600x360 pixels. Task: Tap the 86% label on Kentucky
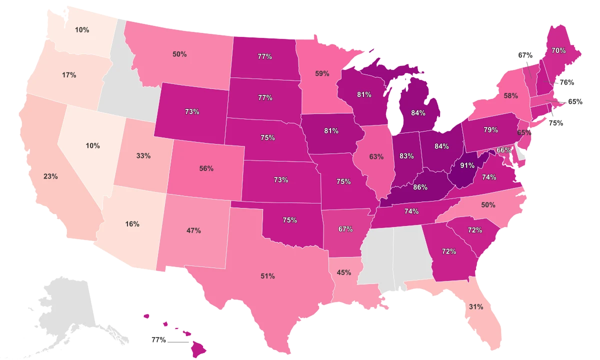(x=420, y=187)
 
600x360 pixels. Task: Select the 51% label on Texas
(x=267, y=276)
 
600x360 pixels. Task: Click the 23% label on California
(x=50, y=176)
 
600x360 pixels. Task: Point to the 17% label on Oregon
(x=69, y=75)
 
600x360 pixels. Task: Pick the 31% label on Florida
(x=476, y=307)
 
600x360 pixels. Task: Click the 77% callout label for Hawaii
(x=158, y=339)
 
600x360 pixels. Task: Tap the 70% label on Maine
(x=558, y=50)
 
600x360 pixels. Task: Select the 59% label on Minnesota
(x=322, y=73)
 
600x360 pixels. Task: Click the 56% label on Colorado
(x=206, y=168)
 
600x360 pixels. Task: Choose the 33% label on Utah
(x=143, y=155)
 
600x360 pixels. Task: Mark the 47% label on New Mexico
(x=193, y=230)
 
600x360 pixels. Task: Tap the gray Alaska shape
(x=65, y=310)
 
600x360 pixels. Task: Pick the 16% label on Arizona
(x=132, y=224)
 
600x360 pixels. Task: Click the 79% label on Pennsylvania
(x=490, y=130)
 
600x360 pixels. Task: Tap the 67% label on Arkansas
(x=345, y=229)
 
